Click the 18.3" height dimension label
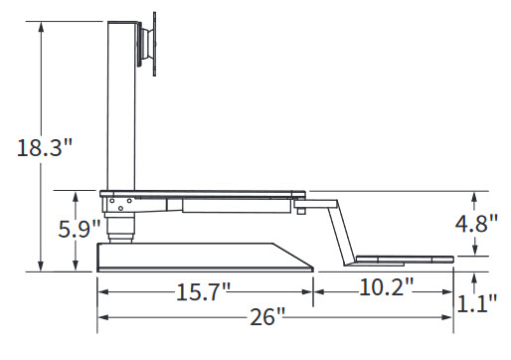tap(45, 147)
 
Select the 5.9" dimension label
tap(80, 229)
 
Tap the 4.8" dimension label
tap(476, 224)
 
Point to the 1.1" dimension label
tap(476, 303)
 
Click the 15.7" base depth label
tap(203, 292)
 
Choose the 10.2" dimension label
tap(386, 287)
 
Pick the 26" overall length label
tap(267, 316)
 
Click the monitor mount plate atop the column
tap(146, 44)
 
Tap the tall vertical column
tap(121, 106)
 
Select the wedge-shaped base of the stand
tap(205, 258)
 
